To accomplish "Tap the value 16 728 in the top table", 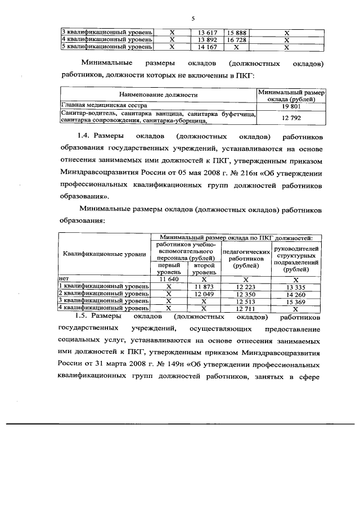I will tap(237, 40).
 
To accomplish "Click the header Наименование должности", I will tap(158, 95).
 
